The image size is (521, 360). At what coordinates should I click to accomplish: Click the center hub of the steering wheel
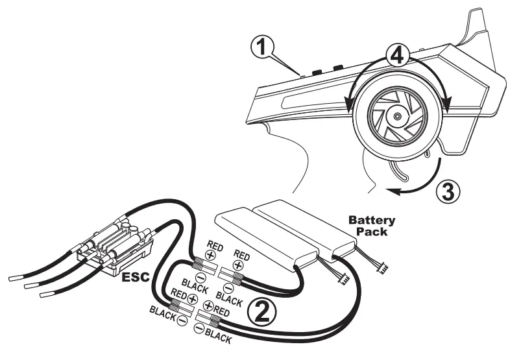click(x=396, y=117)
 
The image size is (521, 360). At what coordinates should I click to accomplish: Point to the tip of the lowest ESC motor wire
click(x=46, y=294)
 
